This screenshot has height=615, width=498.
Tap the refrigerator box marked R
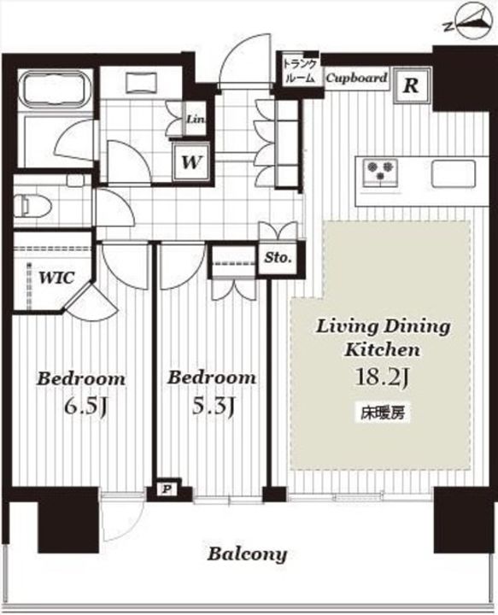412,85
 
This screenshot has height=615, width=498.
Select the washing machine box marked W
191,161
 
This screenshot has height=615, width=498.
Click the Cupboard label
356,78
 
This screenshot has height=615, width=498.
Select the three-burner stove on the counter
379,172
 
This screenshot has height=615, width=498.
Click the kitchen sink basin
454,173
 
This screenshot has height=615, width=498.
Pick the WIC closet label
56,278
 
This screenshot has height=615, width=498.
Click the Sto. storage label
278,258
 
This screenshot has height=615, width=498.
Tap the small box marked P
167,489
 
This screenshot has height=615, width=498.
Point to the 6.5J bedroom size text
86,407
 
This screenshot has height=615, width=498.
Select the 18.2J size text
383,378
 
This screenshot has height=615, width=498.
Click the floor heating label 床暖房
383,413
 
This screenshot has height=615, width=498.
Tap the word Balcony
247,554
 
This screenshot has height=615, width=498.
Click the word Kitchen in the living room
383,349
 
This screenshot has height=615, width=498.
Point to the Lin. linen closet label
196,119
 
